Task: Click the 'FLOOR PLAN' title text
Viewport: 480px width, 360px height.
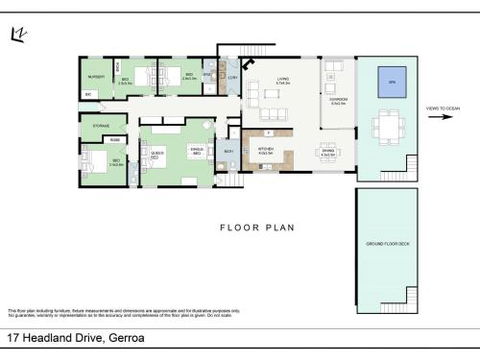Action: pos(257,227)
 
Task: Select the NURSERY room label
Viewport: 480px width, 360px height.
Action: pos(96,76)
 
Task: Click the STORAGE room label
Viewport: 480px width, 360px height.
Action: pos(101,125)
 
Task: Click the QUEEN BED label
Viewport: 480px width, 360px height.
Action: pos(156,152)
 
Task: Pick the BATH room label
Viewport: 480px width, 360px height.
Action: pos(229,151)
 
